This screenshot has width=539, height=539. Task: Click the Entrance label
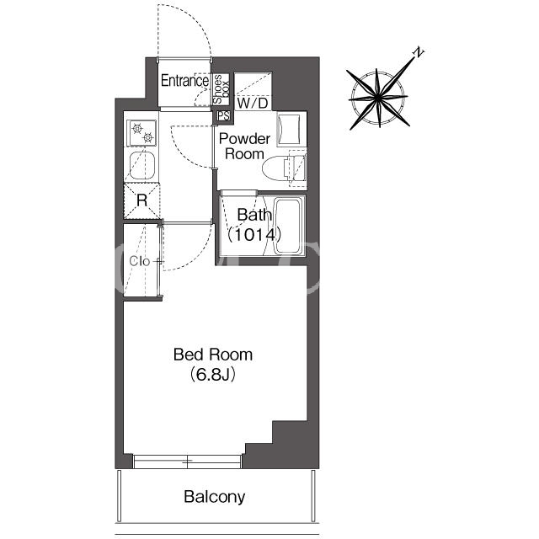click(x=184, y=81)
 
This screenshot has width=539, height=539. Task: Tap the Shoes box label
click(x=221, y=89)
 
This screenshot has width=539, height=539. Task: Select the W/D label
click(x=253, y=103)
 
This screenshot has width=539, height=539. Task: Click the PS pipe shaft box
click(x=223, y=116)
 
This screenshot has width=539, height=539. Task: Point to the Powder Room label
click(x=244, y=146)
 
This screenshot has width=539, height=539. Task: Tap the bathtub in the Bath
click(x=290, y=226)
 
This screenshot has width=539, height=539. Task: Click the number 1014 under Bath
click(x=254, y=235)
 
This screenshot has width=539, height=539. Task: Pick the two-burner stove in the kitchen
click(x=141, y=133)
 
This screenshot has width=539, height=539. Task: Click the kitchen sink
click(x=142, y=166)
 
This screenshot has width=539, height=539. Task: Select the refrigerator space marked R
click(x=142, y=200)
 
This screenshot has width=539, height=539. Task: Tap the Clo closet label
click(x=140, y=262)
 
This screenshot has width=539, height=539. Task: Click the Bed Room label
click(x=213, y=355)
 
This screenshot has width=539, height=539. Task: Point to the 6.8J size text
click(x=213, y=375)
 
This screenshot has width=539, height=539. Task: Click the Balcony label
click(x=215, y=497)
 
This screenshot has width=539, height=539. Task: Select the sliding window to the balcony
click(x=187, y=462)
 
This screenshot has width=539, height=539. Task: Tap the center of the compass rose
click(x=378, y=99)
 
